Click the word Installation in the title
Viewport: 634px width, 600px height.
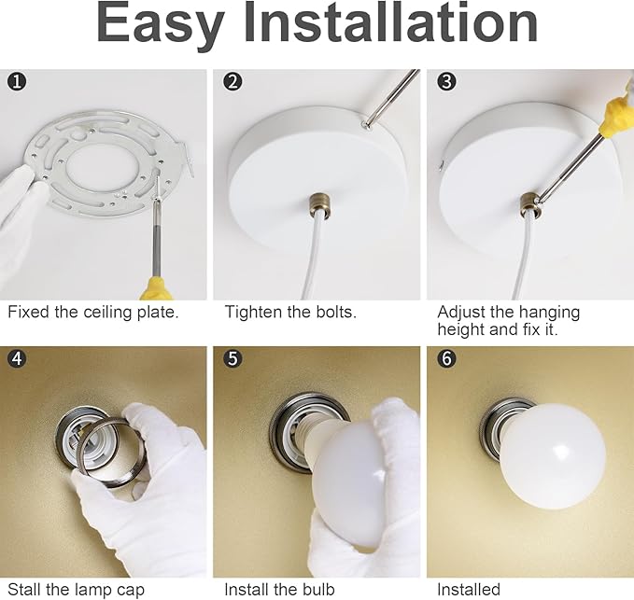[390, 22]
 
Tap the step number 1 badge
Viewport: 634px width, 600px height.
[17, 81]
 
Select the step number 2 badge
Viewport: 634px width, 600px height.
[232, 81]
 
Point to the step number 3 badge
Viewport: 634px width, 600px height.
[446, 81]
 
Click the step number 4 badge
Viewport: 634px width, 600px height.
[17, 358]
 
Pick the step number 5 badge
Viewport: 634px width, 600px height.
[232, 358]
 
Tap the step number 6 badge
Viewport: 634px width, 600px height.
[446, 358]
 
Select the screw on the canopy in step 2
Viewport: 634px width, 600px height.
[366, 125]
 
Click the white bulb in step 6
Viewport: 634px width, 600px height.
[553, 456]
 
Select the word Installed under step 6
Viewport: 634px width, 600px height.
[469, 590]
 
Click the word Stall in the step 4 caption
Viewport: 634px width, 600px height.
[24, 590]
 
